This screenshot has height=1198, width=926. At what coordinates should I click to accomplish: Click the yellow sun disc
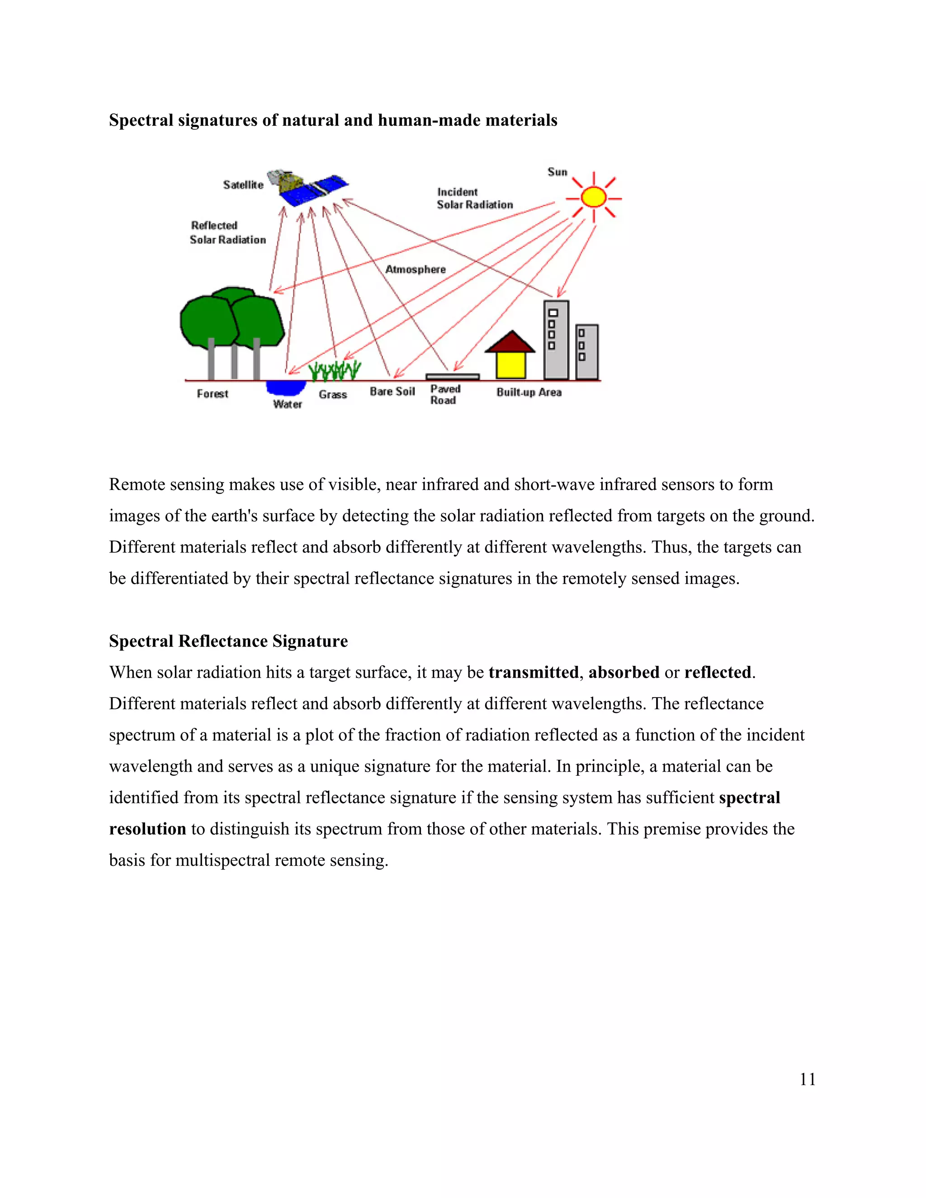click(x=593, y=198)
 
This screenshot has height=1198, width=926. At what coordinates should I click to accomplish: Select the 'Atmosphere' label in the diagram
click(x=415, y=269)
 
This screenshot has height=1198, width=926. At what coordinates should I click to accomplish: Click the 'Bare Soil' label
click(x=392, y=391)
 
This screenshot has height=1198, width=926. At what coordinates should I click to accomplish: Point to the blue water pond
click(x=286, y=387)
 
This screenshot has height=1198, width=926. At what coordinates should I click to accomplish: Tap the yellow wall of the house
click(x=511, y=365)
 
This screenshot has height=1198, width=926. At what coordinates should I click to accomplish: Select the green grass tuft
click(x=334, y=371)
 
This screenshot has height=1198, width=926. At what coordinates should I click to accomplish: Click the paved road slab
click(x=452, y=377)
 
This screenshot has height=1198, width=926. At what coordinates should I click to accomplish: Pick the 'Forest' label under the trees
click(x=213, y=394)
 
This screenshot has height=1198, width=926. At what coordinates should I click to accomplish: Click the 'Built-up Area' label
click(x=529, y=392)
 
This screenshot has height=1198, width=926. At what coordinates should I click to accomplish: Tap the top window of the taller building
click(x=553, y=313)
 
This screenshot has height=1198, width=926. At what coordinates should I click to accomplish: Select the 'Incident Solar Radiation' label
click(x=474, y=198)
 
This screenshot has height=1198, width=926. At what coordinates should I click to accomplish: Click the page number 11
click(x=807, y=1079)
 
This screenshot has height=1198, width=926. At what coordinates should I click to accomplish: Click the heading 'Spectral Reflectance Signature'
click(x=228, y=641)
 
